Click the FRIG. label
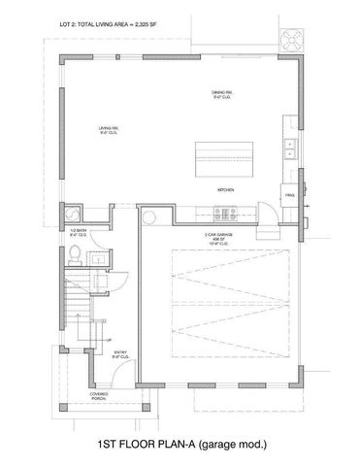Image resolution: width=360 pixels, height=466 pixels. click(x=289, y=196)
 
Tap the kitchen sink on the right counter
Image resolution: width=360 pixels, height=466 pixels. click(x=289, y=150)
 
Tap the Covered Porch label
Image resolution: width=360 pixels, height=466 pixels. click(x=100, y=394)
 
